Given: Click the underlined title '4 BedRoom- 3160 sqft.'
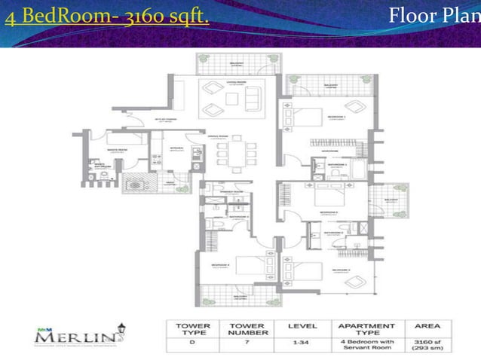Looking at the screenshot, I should pos(106,16).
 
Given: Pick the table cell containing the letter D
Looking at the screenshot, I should pos(192,344).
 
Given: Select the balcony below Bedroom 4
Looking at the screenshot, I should pos(239,298).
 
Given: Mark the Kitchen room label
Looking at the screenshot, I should pos(177,148).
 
